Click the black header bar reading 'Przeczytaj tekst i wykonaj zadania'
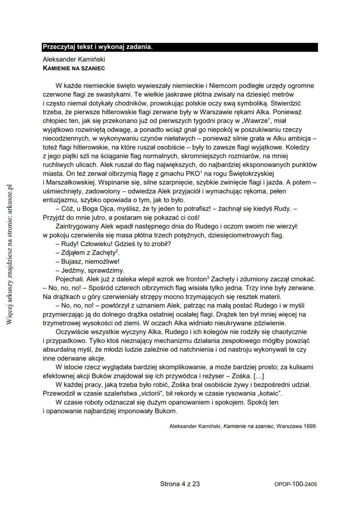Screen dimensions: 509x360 [x=180, y=47]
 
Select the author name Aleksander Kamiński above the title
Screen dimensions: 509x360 [x=74, y=59]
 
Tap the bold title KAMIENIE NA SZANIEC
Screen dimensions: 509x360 [x=73, y=68]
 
